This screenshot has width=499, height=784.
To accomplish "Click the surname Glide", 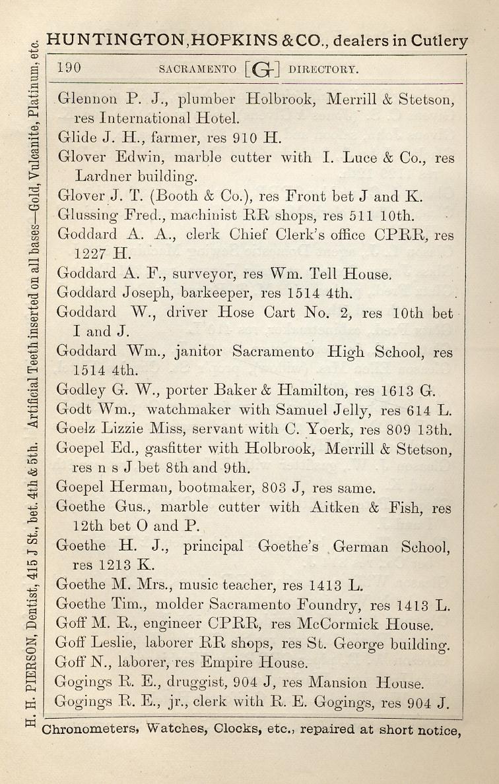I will click(73, 138).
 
